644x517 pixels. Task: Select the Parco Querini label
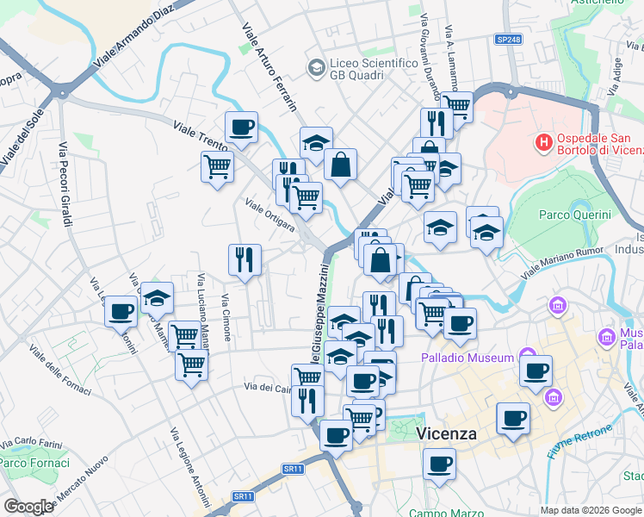574,215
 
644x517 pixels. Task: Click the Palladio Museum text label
468,358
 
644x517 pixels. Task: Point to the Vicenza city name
447,433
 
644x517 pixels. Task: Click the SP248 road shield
509,40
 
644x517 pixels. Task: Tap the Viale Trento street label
202,139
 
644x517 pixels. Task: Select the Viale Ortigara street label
270,215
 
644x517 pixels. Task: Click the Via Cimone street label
226,317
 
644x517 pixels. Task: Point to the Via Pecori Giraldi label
65,186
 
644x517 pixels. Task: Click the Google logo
28,506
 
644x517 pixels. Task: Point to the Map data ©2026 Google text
590,510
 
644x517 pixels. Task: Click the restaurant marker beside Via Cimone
245,259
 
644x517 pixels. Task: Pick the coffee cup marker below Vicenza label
439,464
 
